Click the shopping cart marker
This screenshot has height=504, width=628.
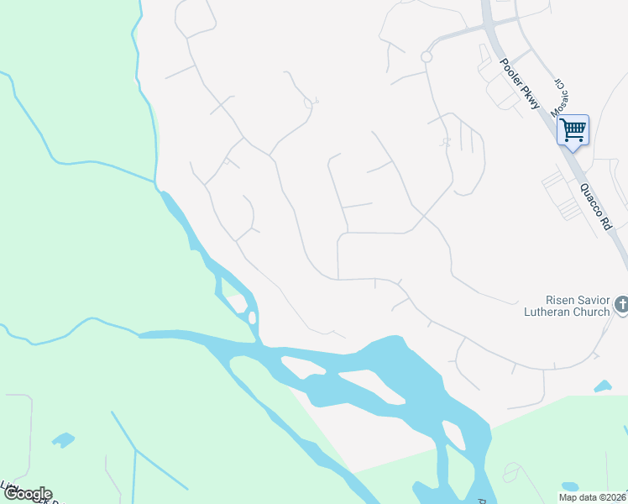[x=573, y=130]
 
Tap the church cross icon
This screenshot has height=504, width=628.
[x=621, y=306]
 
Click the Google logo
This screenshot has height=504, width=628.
[x=27, y=494]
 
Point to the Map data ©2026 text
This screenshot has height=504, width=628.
[x=592, y=497]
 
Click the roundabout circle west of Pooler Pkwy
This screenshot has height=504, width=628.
[x=426, y=56]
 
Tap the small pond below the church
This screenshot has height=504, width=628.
[x=602, y=387]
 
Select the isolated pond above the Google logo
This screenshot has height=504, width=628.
[x=62, y=439]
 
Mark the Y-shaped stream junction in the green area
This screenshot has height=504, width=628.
[x=135, y=450]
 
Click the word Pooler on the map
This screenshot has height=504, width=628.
[x=509, y=74]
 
